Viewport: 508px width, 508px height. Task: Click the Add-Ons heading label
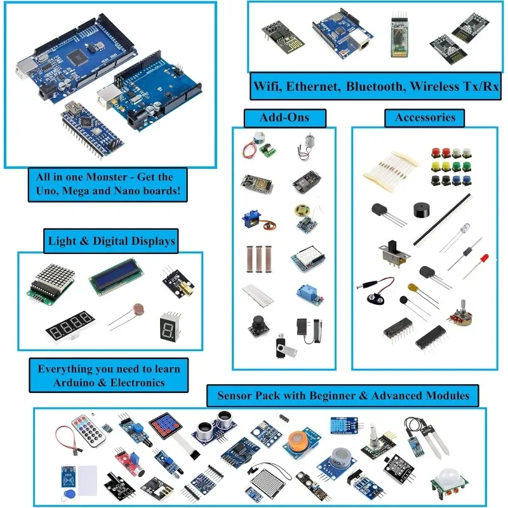(284, 117)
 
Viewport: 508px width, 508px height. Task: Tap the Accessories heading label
(425, 117)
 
